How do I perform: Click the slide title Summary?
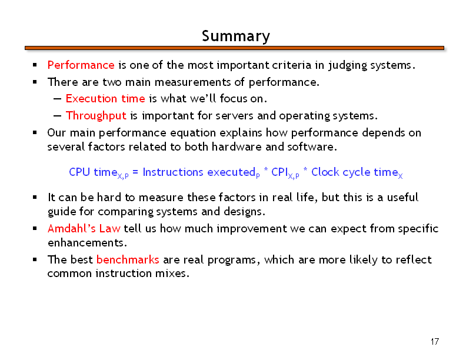point(236,36)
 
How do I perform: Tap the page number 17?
point(434,342)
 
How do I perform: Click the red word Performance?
point(81,65)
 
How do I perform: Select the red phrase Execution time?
point(105,98)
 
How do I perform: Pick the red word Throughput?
point(96,115)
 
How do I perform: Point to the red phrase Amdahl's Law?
point(84,228)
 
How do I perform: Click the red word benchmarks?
point(128,259)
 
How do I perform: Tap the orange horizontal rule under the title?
point(234,48)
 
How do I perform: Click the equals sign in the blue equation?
point(135,172)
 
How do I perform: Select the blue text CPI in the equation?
point(279,172)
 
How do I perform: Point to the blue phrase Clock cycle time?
point(355,172)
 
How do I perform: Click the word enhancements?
point(87,243)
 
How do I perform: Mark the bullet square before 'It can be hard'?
point(35,197)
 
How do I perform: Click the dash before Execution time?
point(57,99)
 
